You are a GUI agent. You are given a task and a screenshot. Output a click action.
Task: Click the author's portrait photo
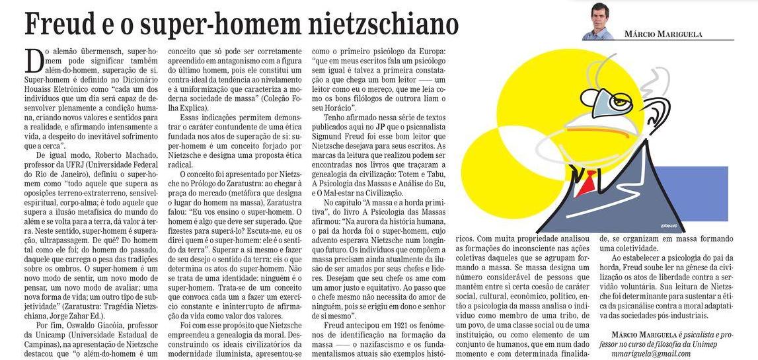598,22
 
